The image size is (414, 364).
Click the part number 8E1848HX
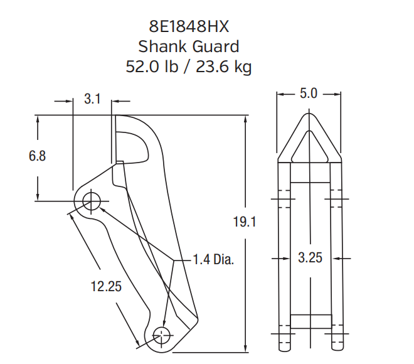(189, 26)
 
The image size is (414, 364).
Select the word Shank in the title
(162, 46)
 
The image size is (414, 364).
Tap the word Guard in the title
(216, 46)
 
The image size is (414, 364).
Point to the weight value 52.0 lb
(152, 67)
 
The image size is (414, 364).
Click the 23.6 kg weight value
(224, 67)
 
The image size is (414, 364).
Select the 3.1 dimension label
(92, 99)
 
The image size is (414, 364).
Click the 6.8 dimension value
(37, 156)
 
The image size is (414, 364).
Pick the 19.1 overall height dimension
(245, 222)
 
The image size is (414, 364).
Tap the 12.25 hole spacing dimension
(106, 286)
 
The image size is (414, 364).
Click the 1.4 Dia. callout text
(214, 259)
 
